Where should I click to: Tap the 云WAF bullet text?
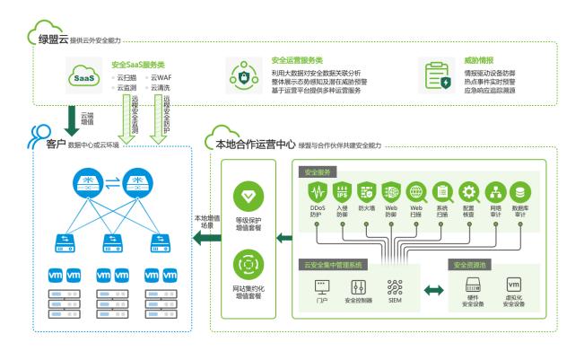click(x=159, y=77)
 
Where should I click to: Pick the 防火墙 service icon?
click(x=366, y=193)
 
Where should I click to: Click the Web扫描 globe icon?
click(x=416, y=193)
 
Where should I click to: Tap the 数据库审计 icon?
click(x=519, y=193)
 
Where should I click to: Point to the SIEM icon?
click(x=396, y=287)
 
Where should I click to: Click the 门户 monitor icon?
click(x=321, y=287)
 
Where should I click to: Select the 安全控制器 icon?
click(x=359, y=287)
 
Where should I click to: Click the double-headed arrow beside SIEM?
click(x=434, y=290)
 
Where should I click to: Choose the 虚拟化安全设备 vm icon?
click(x=514, y=285)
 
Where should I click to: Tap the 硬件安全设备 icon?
click(x=474, y=285)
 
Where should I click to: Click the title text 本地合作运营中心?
click(x=257, y=143)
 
